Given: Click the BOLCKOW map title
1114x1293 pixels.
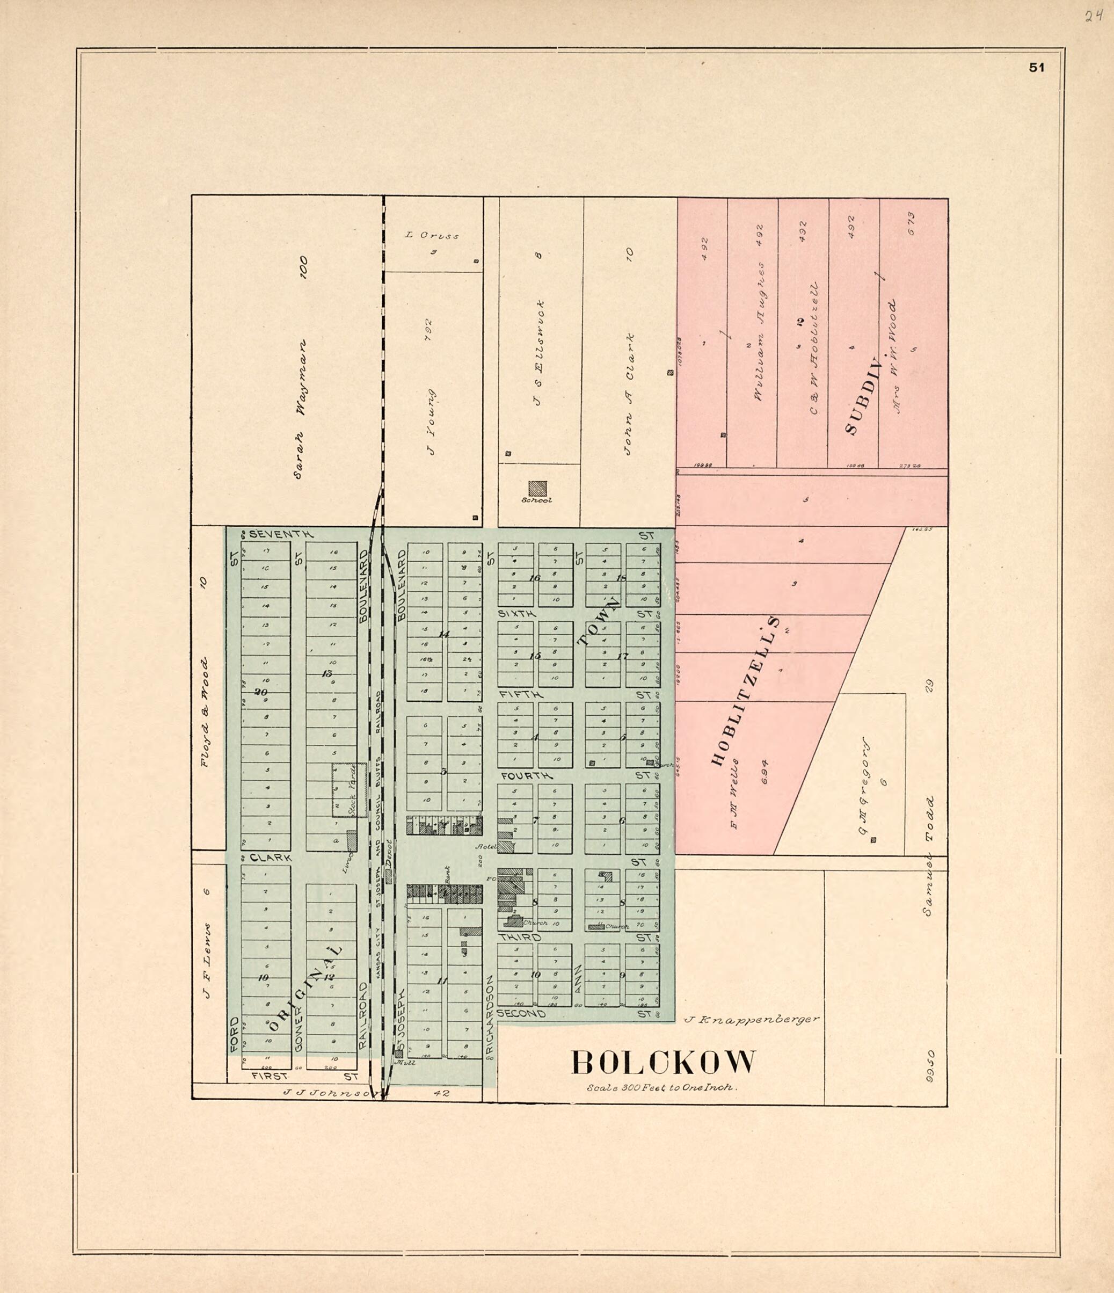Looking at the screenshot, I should click(664, 1063).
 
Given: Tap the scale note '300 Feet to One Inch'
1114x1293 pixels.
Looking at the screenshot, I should click(662, 1087).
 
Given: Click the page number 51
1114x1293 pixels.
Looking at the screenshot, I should click(1037, 68).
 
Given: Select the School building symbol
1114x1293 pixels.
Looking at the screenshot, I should click(537, 488).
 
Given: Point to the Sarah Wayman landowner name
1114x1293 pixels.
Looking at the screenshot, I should click(300, 409).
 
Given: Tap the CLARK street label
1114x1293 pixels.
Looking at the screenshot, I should click(270, 858).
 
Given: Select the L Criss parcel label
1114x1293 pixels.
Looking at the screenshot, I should click(432, 235).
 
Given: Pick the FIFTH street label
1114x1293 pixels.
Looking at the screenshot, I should click(520, 694).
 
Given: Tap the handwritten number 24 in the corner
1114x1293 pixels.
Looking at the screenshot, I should click(1093, 16).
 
